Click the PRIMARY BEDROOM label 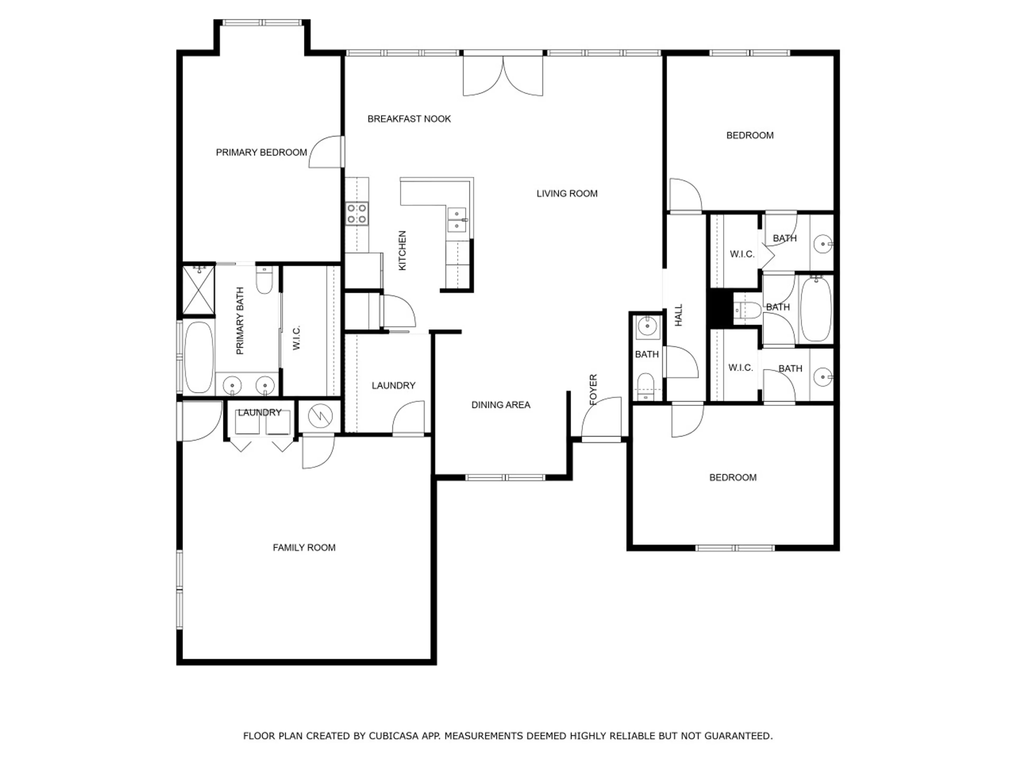coord(261,152)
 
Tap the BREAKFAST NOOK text coord(409,119)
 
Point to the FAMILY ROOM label coord(304,547)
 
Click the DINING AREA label coord(501,405)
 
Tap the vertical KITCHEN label coord(402,250)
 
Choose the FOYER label coord(593,389)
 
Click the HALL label coord(679,315)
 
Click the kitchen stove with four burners coord(357,214)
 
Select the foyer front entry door coord(601,418)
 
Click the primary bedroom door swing coord(326,152)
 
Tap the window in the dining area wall coord(505,478)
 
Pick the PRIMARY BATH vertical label coord(240,321)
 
